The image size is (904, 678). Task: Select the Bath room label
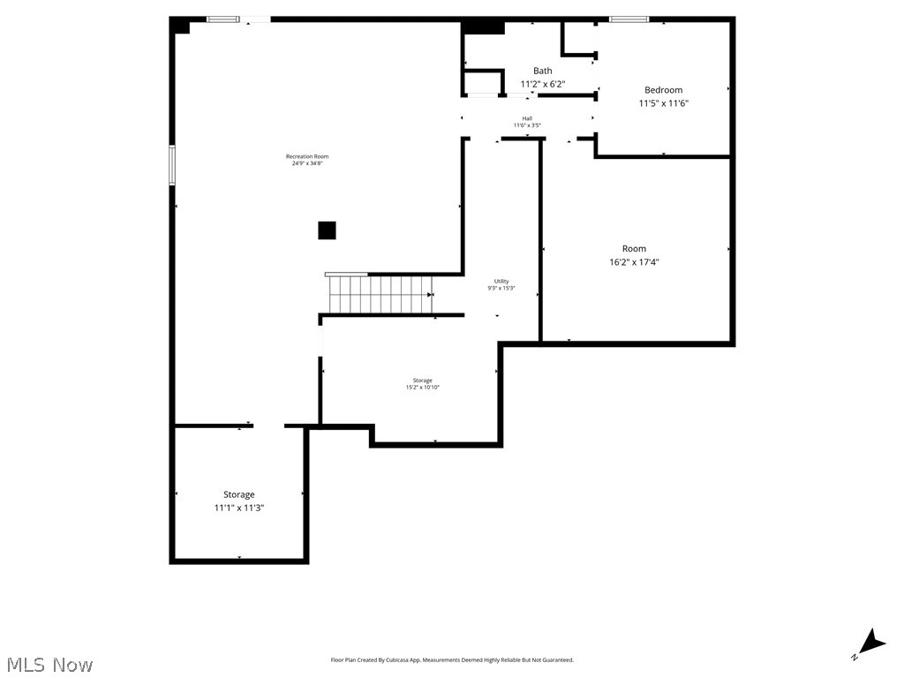(542, 71)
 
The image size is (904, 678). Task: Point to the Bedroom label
(663, 90)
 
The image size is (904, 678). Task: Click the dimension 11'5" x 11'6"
(663, 103)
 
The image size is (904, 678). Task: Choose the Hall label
(527, 118)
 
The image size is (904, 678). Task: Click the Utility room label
(501, 281)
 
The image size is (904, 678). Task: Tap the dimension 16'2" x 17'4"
(634, 262)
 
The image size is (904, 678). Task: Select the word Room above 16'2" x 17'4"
(634, 249)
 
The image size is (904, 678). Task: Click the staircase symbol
(380, 293)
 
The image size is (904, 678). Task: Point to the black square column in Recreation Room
(327, 230)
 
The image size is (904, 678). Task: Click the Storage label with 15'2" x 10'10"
(422, 380)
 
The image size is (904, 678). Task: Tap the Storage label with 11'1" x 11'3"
(238, 494)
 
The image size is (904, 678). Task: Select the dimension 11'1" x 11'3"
(238, 508)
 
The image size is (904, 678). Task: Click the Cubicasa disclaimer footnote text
(452, 660)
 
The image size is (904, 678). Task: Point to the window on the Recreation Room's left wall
(172, 165)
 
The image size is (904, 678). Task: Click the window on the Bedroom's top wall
(629, 19)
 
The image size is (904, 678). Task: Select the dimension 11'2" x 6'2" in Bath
(542, 84)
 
